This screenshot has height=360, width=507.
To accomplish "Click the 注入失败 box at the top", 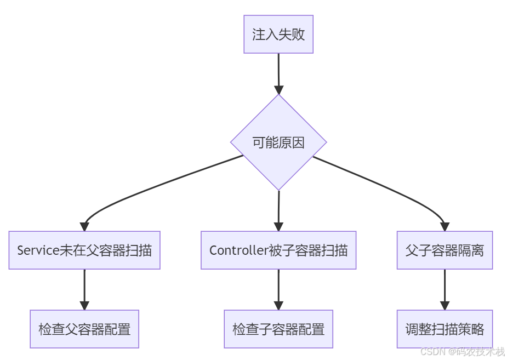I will (x=278, y=34).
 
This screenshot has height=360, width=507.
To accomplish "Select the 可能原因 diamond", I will (x=278, y=142).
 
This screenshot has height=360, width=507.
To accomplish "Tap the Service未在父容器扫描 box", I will (x=84, y=250).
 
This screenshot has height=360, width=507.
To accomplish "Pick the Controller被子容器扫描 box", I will (x=278, y=250).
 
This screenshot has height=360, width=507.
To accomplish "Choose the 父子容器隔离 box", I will (x=445, y=250).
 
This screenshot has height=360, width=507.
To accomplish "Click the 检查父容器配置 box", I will (x=84, y=329).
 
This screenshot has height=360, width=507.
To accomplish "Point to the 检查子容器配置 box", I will (x=278, y=329).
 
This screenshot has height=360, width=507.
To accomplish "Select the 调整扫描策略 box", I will (x=445, y=329).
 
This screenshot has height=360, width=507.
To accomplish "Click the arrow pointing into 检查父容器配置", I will (x=84, y=289).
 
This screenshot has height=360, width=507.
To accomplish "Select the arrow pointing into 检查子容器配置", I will (x=278, y=289).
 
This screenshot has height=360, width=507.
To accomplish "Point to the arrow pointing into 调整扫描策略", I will (x=445, y=289).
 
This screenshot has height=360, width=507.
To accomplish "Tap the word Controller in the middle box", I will (x=238, y=250).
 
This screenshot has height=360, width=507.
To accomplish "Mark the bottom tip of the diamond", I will (x=278, y=190).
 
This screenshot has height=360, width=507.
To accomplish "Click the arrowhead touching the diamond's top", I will (x=278, y=90).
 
